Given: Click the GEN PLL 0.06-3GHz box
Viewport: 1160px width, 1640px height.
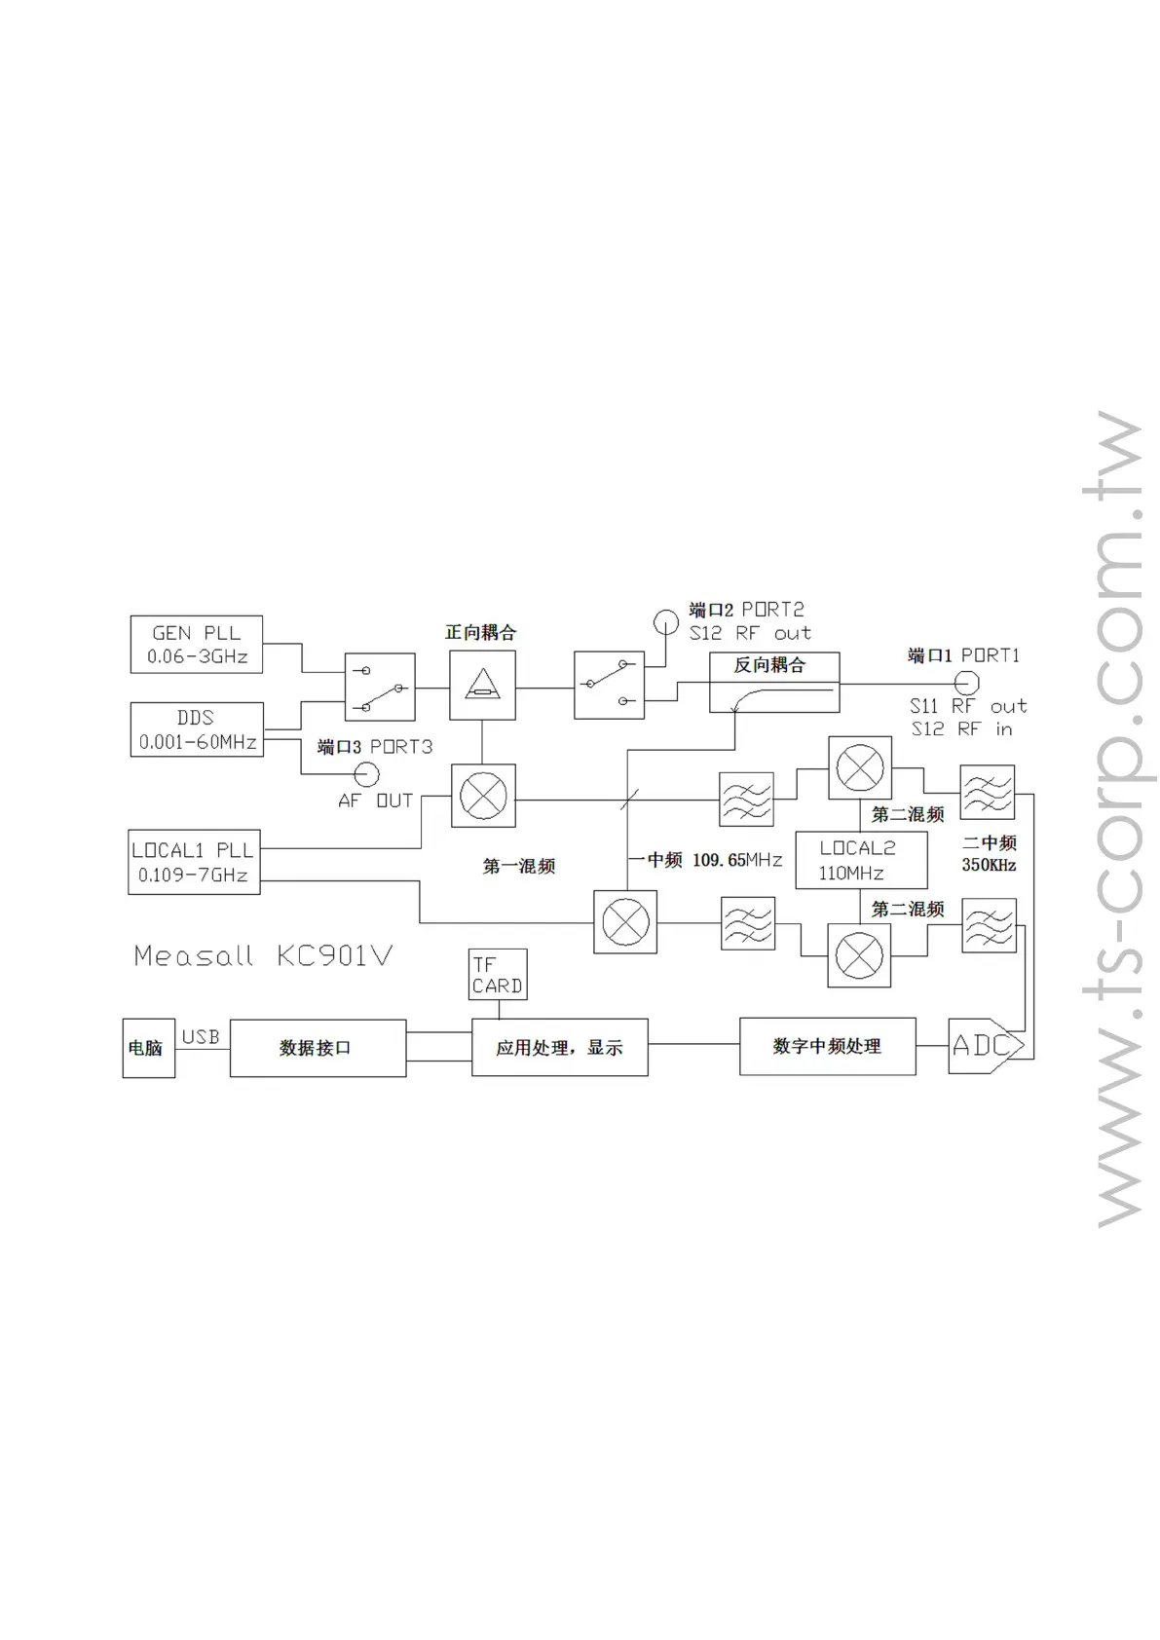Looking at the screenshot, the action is pyautogui.click(x=196, y=644).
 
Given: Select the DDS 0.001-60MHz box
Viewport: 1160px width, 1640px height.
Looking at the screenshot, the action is pyautogui.click(x=197, y=729).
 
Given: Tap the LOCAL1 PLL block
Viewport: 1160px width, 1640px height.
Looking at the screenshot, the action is pyautogui.click(x=194, y=862).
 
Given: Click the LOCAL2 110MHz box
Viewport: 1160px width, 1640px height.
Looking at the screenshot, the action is pyautogui.click(x=861, y=860).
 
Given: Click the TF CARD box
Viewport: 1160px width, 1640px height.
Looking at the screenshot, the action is pyautogui.click(x=498, y=975).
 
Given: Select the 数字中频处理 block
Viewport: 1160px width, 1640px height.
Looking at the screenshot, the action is pyautogui.click(x=827, y=1046).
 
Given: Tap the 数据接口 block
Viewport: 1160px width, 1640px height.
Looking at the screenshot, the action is pyautogui.click(x=318, y=1048).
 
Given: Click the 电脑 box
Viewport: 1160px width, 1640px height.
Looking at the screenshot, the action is pyautogui.click(x=148, y=1048).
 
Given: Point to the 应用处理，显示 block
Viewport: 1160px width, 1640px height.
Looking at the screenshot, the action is pyautogui.click(x=559, y=1048).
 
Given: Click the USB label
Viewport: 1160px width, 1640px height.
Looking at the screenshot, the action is pyautogui.click(x=201, y=1037).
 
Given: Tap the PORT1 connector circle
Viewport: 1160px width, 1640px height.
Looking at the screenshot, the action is pyautogui.click(x=965, y=683).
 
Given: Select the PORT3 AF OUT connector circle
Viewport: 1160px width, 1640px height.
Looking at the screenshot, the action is pyautogui.click(x=366, y=775).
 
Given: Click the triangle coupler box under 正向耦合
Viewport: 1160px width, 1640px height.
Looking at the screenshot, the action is pyautogui.click(x=482, y=686).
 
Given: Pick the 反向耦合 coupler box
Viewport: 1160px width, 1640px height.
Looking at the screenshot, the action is pyautogui.click(x=773, y=683).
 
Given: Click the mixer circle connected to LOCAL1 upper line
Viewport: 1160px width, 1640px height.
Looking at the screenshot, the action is pyautogui.click(x=483, y=797).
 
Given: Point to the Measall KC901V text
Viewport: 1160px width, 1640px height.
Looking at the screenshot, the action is pyautogui.click(x=263, y=955).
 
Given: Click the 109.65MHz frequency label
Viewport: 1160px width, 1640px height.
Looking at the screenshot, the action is pyautogui.click(x=737, y=860).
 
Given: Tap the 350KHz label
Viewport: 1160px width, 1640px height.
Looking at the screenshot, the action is pyautogui.click(x=989, y=865).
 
